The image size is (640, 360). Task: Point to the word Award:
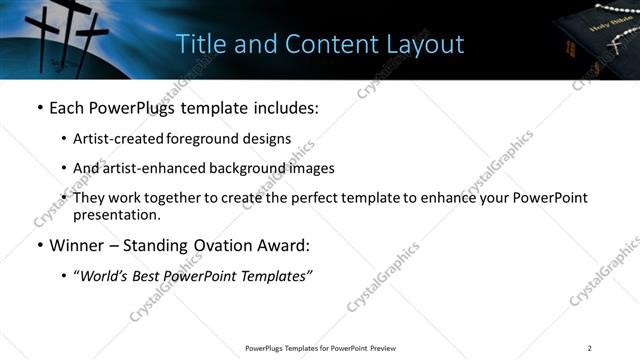point(285,246)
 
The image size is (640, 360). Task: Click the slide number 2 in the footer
point(590,348)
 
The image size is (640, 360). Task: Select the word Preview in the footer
point(388,348)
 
